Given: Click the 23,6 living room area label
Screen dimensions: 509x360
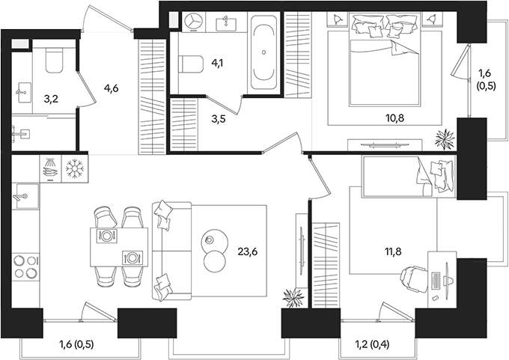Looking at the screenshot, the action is (247, 251).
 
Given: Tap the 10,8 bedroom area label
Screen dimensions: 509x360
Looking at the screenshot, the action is (394, 118).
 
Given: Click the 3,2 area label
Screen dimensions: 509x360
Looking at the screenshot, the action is (51, 99).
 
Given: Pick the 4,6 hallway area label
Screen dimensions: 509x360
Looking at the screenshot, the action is (111, 88).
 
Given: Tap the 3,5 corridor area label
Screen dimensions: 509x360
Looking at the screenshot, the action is (218, 119).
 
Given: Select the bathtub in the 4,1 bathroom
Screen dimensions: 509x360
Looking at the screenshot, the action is (263, 53).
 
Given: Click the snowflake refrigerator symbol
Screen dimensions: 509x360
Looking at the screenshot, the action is (75, 169).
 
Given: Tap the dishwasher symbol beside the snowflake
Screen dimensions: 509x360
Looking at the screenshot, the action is (50, 169).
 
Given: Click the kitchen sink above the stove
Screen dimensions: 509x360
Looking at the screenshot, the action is (25, 196).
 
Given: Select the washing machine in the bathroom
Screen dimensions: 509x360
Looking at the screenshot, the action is (194, 22).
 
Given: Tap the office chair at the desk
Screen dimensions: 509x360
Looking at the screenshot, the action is (413, 280).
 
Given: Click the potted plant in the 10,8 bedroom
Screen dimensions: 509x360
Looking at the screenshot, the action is (445, 139).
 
